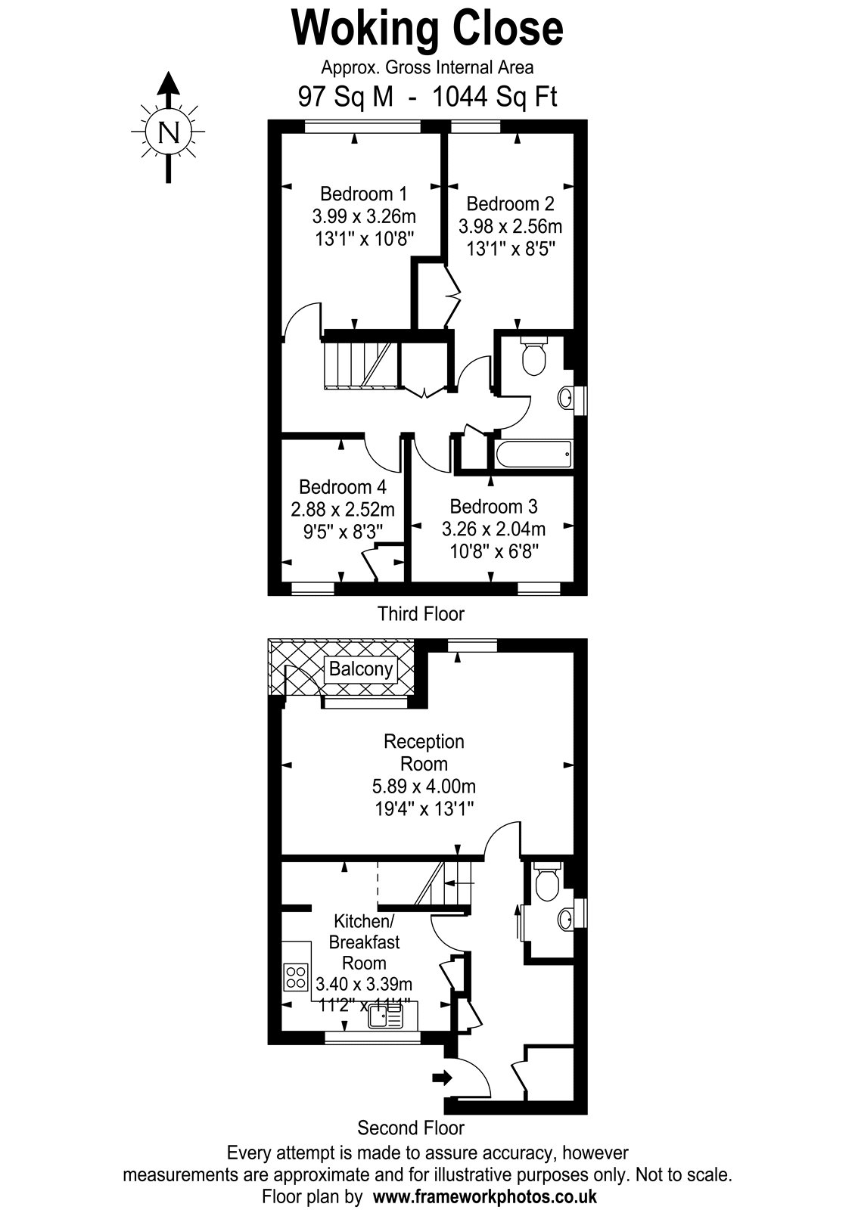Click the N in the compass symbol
click(169, 132)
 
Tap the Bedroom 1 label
click(363, 194)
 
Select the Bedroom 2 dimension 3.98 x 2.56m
click(510, 226)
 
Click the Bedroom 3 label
click(493, 507)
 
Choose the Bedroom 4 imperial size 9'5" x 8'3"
click(343, 532)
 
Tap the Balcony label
click(360, 669)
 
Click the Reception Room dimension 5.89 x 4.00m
click(424, 786)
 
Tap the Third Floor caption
click(421, 613)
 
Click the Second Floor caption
click(411, 1128)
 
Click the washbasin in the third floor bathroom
click(567, 398)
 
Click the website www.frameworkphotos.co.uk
click(485, 1196)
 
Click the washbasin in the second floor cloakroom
click(567, 918)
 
